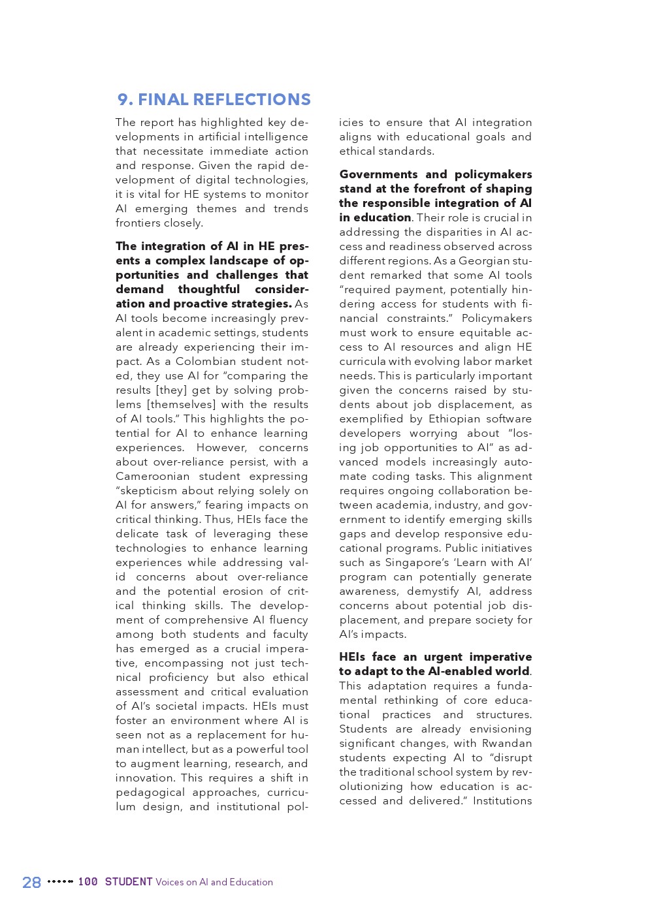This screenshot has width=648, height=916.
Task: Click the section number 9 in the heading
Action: click(123, 100)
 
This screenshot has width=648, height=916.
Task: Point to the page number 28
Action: click(31, 883)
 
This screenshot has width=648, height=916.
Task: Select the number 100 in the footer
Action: click(88, 882)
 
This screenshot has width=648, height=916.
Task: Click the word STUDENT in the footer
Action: click(129, 882)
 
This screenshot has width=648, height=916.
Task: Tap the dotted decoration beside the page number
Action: click(60, 882)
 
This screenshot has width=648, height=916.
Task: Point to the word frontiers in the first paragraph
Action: click(138, 223)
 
